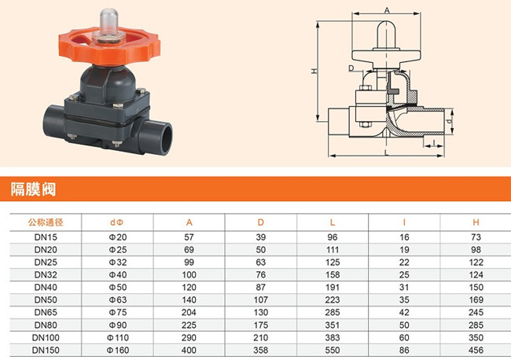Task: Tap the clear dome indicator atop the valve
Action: click(x=108, y=21)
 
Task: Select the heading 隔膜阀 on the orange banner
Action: click(x=33, y=189)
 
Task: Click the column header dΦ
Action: click(x=117, y=222)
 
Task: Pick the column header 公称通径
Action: click(x=46, y=222)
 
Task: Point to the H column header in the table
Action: click(x=476, y=222)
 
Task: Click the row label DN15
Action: click(x=46, y=237)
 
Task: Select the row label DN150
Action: click(x=46, y=351)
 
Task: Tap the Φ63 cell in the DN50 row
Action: click(x=118, y=299)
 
